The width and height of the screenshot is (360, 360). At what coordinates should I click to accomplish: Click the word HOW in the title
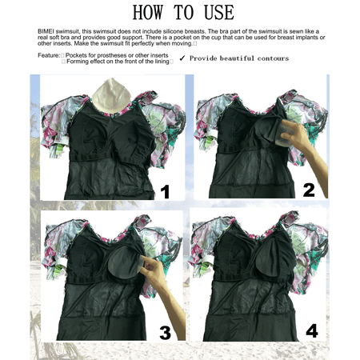coord(148,12)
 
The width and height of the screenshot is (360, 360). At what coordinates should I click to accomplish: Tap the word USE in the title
coord(219,12)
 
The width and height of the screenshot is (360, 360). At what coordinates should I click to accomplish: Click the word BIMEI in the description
coord(46,31)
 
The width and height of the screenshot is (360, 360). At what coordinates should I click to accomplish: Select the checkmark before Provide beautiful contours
coord(182,58)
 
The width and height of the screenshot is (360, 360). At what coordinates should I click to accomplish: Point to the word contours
coord(273,58)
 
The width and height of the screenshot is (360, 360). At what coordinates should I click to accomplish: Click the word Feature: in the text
coord(49,55)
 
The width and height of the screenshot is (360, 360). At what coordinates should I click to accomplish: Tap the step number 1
coord(166,192)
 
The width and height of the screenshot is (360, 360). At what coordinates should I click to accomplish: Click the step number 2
coord(309,190)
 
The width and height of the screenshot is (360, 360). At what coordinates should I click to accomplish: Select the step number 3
coord(166,333)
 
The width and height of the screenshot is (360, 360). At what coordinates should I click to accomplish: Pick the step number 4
coord(312,330)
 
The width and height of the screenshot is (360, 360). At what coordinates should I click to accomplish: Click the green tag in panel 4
coord(205,267)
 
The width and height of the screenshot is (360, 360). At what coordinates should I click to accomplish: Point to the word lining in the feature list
coord(162,62)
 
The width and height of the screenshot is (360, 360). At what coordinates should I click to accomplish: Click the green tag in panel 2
coord(210,142)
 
